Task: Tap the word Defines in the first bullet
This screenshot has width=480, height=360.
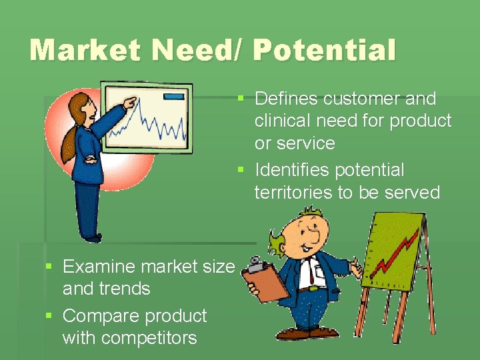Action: click(x=286, y=99)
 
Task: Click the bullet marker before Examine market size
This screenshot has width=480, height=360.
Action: click(x=49, y=267)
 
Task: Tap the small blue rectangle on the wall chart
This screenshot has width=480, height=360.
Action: click(x=173, y=97)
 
